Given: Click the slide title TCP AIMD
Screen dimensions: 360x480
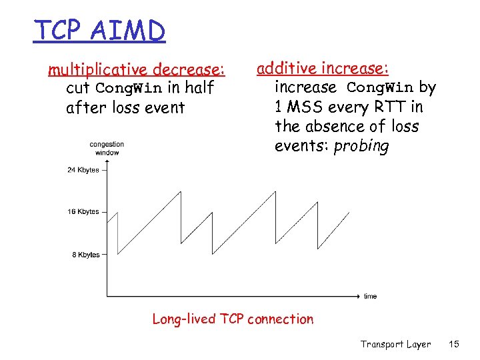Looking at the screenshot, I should [x=99, y=30].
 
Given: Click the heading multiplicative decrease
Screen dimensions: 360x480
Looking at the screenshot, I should [x=137, y=69].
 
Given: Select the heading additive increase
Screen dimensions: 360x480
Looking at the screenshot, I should [x=323, y=68].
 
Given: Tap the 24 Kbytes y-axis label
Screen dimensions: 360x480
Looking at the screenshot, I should [x=83, y=170].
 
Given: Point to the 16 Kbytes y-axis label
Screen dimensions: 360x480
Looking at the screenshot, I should [x=83, y=212].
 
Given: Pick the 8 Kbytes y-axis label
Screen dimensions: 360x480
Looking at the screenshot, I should [x=85, y=255].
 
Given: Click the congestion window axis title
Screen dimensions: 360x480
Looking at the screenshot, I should [x=107, y=149].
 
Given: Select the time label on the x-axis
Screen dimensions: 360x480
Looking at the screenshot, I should [x=370, y=296].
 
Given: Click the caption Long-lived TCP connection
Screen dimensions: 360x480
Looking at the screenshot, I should [x=233, y=319].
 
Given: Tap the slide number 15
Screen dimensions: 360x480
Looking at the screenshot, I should [x=454, y=344].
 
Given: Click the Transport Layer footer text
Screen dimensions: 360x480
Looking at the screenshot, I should [x=395, y=344].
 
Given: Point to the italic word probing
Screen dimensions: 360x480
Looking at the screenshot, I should [x=361, y=146].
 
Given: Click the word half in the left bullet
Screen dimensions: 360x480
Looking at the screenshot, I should [x=199, y=88].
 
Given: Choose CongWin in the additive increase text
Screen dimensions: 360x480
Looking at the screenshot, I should [x=380, y=87].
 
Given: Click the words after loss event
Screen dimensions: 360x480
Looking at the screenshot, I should [x=125, y=107].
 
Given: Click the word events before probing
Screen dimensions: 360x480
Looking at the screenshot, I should [x=301, y=146].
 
